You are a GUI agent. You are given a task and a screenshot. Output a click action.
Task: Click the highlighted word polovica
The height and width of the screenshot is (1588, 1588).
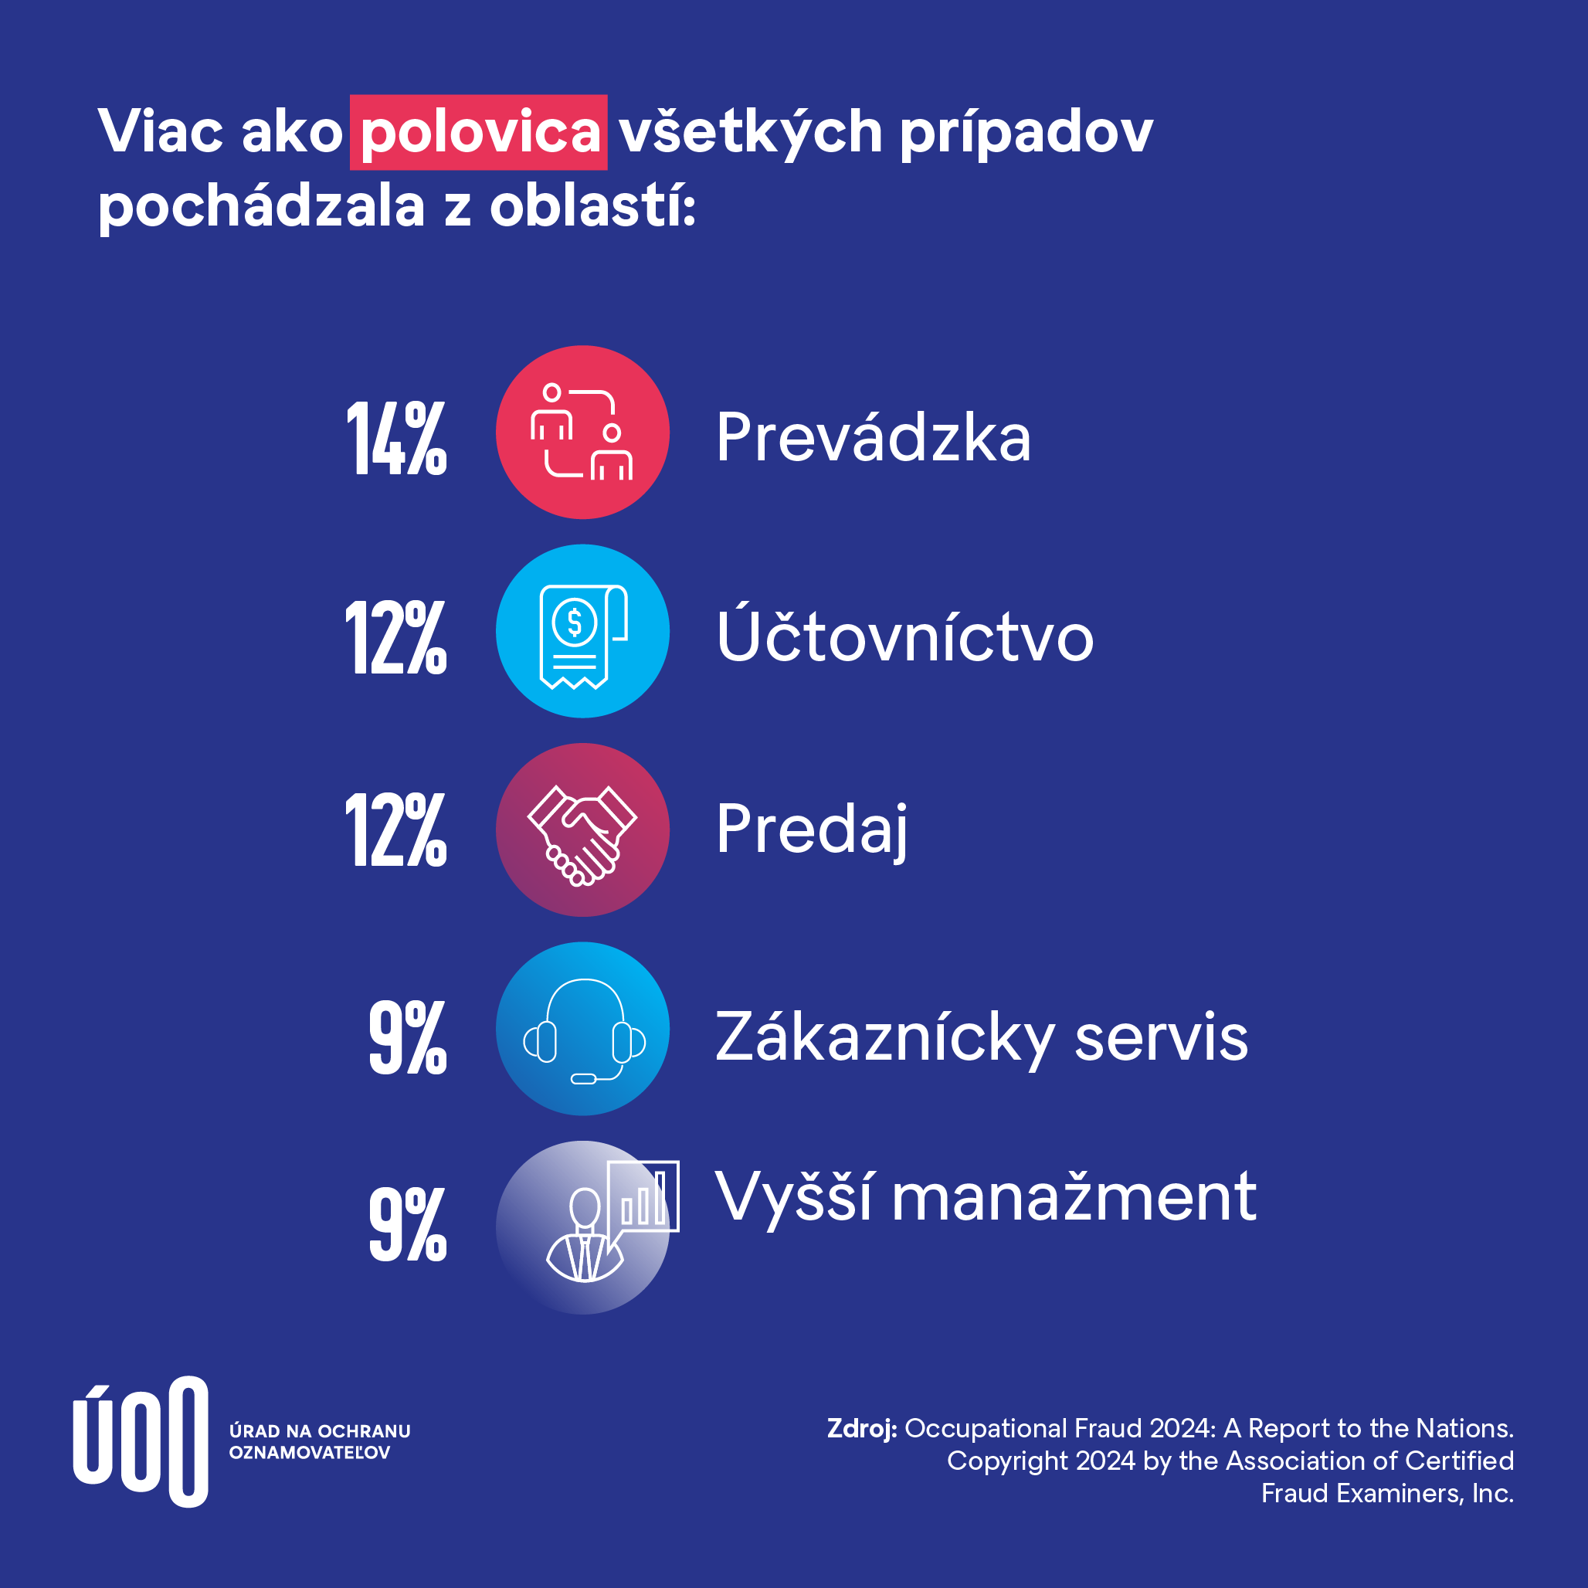478,132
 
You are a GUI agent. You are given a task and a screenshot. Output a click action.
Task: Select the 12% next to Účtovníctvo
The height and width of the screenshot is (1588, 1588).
396,637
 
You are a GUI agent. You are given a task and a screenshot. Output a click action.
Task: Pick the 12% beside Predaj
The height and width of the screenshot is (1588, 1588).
396,830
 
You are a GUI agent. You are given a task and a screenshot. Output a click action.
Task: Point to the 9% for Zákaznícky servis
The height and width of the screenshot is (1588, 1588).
408,1037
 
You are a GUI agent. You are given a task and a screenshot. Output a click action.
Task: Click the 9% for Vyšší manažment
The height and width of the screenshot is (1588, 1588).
408,1224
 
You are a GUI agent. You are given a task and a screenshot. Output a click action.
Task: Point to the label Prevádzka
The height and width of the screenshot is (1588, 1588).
873,437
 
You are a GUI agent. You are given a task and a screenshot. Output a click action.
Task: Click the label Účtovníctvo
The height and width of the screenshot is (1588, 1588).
904,637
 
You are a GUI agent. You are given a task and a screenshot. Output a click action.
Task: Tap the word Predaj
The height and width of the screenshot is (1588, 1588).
811,830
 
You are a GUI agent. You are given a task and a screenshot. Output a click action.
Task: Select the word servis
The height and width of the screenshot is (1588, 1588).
1161,1037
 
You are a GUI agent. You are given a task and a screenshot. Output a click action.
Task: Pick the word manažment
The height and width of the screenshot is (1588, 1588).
1074,1198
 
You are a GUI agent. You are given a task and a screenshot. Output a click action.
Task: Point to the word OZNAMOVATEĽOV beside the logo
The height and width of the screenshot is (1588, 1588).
309,1452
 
